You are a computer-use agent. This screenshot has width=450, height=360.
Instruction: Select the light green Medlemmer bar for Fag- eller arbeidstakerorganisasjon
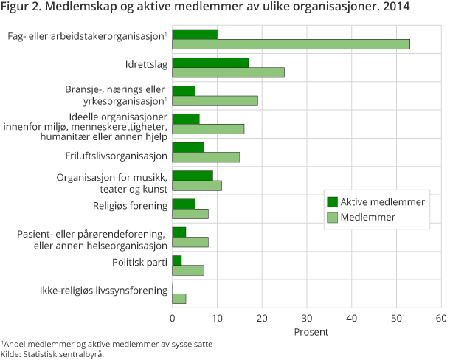point(291,44)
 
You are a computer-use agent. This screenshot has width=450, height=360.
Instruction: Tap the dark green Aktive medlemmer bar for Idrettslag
point(210,62)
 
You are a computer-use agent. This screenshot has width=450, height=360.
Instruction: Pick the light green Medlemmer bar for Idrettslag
point(228,72)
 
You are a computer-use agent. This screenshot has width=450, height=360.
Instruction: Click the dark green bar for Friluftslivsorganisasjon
point(187,147)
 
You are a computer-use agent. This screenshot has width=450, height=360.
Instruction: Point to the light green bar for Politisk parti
point(187,270)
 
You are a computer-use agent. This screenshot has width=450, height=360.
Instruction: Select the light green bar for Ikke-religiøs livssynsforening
point(179,298)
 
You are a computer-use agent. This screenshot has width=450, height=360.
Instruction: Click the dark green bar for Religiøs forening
point(183,204)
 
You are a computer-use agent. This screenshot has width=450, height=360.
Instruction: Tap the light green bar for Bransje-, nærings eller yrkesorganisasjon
point(215,100)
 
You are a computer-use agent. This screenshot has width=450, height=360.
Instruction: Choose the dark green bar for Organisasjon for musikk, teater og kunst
point(192,176)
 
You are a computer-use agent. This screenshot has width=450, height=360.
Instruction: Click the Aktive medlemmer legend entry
point(380,201)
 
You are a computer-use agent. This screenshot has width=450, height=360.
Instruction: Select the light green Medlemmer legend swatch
point(332,217)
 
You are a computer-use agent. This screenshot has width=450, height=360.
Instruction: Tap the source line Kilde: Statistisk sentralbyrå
point(52,354)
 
